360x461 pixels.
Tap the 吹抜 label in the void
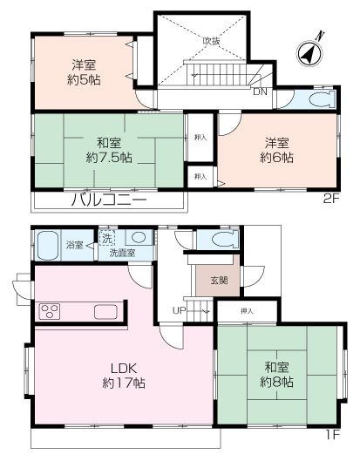[211, 41]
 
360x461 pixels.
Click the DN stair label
[260, 92]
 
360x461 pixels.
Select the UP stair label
[179, 310]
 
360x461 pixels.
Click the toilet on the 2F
[322, 99]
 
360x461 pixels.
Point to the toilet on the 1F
[224, 239]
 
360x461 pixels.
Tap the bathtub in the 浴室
[47, 245]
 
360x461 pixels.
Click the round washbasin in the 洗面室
[139, 238]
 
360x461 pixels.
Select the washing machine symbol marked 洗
[107, 239]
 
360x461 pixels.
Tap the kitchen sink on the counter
[105, 312]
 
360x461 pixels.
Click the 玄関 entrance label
[219, 281]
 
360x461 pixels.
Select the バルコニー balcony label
[109, 200]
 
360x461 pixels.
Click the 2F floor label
[331, 200]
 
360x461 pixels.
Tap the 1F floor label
[333, 435]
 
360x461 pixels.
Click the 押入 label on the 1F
[247, 311]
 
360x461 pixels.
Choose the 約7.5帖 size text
[109, 159]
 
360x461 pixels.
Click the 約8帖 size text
[276, 383]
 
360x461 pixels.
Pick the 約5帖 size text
[84, 79]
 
